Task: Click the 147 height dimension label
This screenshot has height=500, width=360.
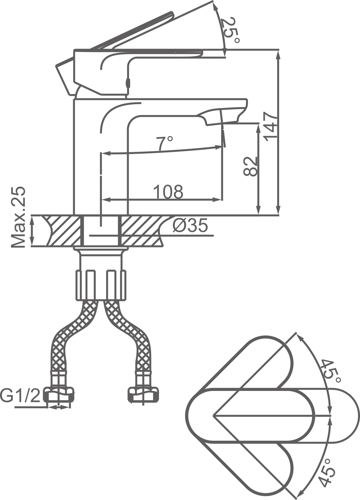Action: tap(270, 126)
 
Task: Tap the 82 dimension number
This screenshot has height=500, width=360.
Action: tap(250, 166)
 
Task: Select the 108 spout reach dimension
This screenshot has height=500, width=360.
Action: tap(168, 192)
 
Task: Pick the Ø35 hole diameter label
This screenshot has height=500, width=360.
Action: tap(190, 226)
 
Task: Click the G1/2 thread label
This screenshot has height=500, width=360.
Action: tap(20, 396)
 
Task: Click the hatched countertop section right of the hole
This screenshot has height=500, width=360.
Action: tap(141, 231)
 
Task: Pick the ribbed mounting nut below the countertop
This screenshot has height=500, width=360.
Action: tap(101, 284)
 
